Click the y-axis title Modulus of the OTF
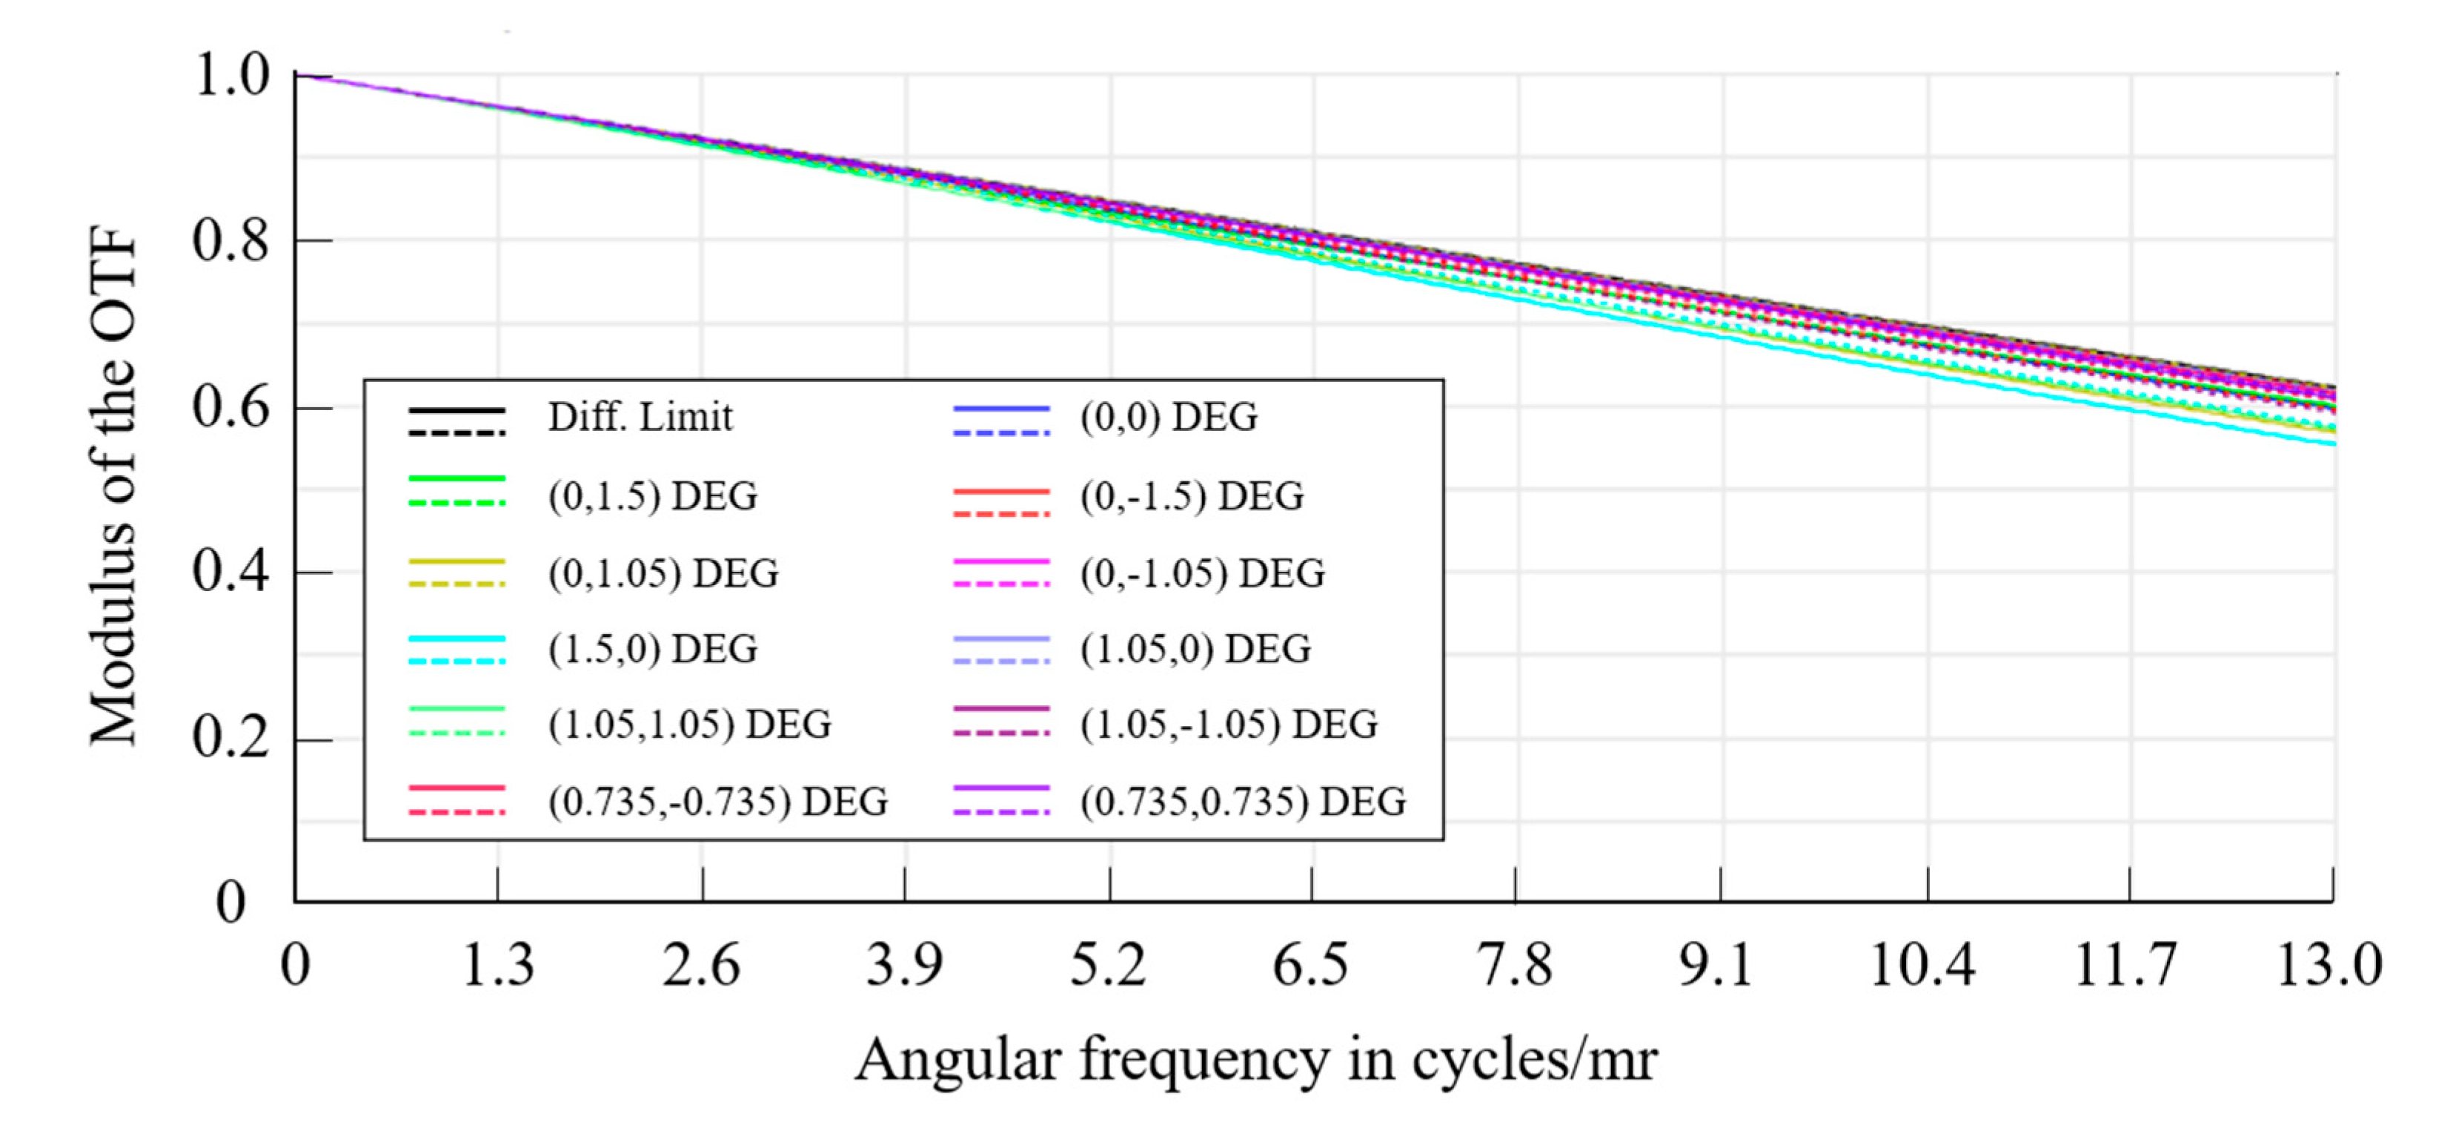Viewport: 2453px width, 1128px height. pyautogui.click(x=114, y=486)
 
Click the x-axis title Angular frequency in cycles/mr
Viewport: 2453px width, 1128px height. pyautogui.click(x=1255, y=1060)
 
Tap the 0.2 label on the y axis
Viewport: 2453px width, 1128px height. pyautogui.click(x=230, y=737)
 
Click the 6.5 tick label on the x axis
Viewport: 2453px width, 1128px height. pyautogui.click(x=1310, y=964)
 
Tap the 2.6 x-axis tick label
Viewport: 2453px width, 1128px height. pyautogui.click(x=701, y=964)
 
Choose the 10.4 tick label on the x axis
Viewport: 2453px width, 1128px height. pyautogui.click(x=1922, y=964)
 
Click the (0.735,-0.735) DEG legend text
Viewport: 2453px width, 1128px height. pyautogui.click(x=717, y=801)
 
